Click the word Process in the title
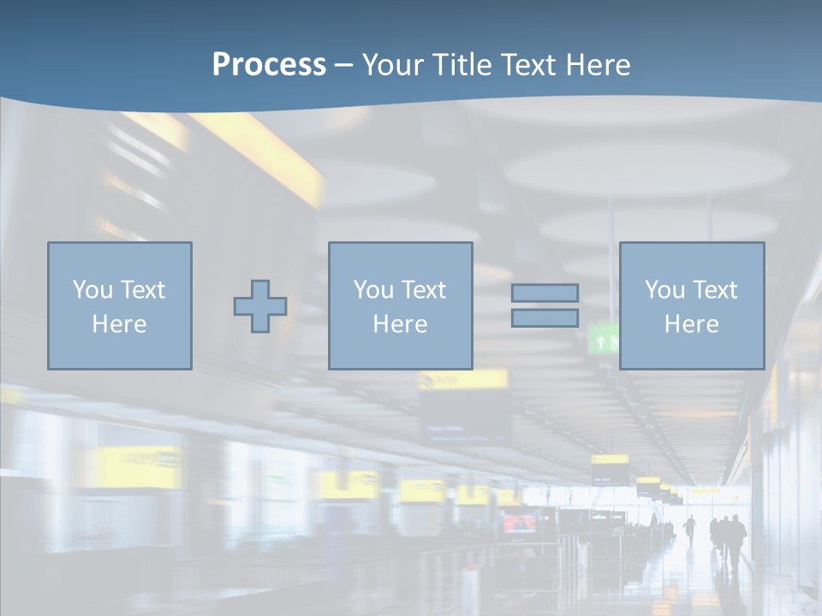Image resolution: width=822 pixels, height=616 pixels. [269, 65]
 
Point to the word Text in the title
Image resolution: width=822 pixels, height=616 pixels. [527, 65]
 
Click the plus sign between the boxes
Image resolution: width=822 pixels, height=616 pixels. [260, 306]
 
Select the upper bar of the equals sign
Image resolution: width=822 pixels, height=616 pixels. [545, 293]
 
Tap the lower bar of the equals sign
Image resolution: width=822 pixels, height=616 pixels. [545, 318]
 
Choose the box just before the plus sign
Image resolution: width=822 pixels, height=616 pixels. [120, 305]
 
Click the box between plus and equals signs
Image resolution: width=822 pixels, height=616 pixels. [400, 305]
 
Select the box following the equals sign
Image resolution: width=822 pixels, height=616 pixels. [692, 305]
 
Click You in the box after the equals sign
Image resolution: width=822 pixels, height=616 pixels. [664, 290]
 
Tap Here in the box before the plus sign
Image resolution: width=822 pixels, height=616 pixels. [119, 324]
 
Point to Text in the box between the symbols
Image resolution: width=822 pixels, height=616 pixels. [423, 290]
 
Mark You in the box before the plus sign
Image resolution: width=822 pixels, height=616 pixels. [92, 290]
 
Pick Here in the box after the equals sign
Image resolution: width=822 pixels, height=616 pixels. [691, 324]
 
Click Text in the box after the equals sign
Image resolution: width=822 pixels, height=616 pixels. [714, 290]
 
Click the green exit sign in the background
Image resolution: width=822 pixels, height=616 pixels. [605, 340]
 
